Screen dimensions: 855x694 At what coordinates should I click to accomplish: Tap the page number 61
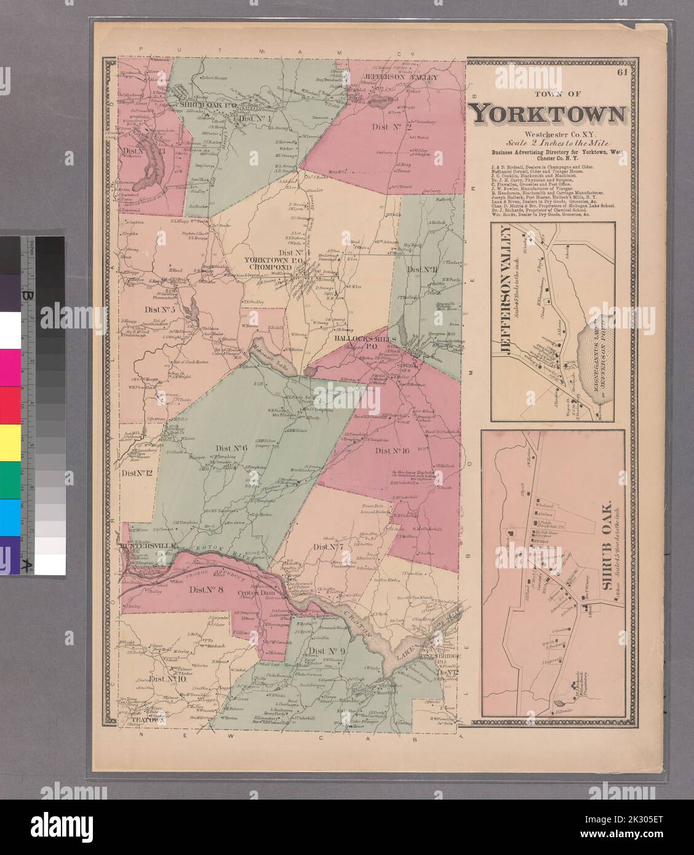click(624, 73)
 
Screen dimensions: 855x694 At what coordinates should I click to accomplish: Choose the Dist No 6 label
click(230, 448)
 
